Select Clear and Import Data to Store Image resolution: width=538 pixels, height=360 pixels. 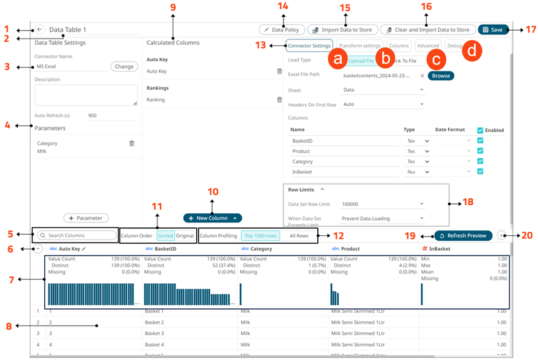[427, 29]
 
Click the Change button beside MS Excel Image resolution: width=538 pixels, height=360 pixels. [124, 66]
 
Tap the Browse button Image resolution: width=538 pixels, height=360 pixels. [441, 76]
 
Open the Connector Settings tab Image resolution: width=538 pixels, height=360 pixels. [309, 45]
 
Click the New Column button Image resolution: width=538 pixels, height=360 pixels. [212, 217]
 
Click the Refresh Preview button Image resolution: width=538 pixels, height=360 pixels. [463, 235]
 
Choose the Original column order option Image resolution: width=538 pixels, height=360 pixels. [184, 235]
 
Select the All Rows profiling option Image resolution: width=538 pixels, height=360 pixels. [299, 235]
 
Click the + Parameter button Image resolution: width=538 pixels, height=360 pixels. [86, 217]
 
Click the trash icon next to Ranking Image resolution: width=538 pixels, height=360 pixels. [279, 100]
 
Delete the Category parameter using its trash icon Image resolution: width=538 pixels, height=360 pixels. [131, 143]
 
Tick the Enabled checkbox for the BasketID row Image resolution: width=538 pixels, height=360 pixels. [480, 141]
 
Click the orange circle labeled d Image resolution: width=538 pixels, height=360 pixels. [472, 50]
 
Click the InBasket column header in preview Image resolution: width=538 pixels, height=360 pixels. [440, 249]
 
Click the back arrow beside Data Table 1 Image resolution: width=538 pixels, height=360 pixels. [39, 29]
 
